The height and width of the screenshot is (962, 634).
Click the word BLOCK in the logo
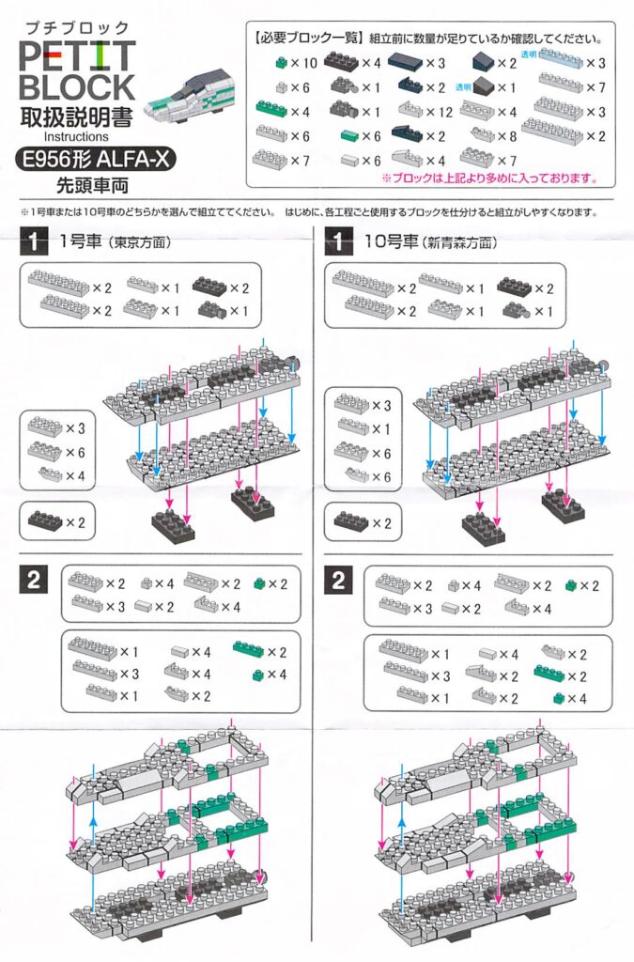76,88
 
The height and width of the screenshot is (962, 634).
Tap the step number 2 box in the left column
34,580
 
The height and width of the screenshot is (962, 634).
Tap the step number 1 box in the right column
336,242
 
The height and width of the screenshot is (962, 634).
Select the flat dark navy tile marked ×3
406,63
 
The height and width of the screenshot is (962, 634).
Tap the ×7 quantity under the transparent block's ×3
595,87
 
